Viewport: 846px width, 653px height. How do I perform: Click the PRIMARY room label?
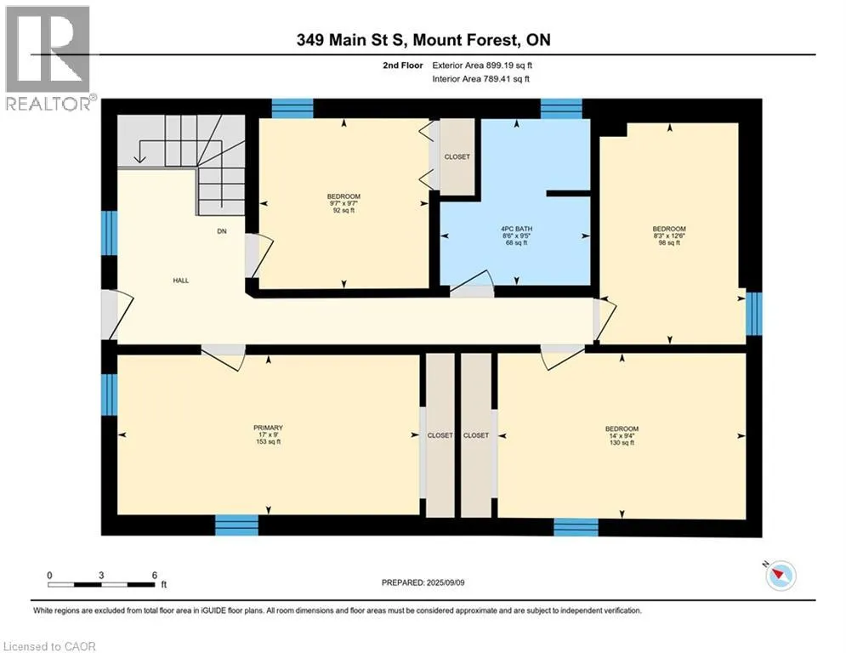pos(268,428)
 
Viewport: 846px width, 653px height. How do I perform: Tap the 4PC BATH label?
pos(516,229)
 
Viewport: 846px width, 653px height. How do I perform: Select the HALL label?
pos(181,281)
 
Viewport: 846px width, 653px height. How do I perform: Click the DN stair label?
pos(222,231)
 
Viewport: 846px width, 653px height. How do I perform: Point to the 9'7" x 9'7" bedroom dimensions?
pos(344,203)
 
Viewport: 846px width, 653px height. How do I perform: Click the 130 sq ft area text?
pos(622,442)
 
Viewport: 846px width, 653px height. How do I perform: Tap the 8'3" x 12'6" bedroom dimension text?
pos(669,236)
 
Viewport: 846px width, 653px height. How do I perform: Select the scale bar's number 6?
pos(154,576)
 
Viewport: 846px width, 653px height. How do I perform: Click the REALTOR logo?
pos(49,59)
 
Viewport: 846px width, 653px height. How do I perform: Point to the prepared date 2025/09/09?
pos(446,582)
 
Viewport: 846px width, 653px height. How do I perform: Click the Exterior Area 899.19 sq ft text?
pos(482,65)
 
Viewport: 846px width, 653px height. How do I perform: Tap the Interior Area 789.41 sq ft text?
pos(480,79)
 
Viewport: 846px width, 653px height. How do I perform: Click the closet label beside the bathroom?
pos(457,157)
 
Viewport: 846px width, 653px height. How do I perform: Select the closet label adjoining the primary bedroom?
pos(440,435)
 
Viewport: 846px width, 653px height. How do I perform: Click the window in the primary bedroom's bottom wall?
pos(236,525)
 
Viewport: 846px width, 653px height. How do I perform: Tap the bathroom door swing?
pos(474,281)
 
